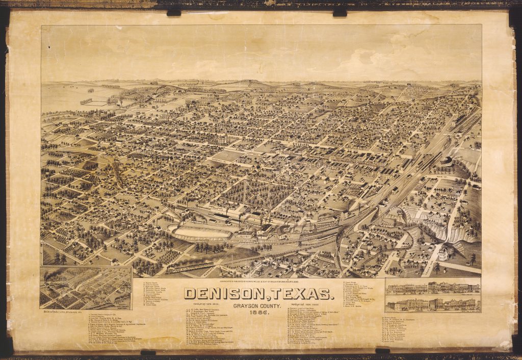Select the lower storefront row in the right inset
coord(433,304)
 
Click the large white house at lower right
coord(442,253)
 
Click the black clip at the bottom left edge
coord(148,352)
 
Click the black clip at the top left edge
coord(174,12)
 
